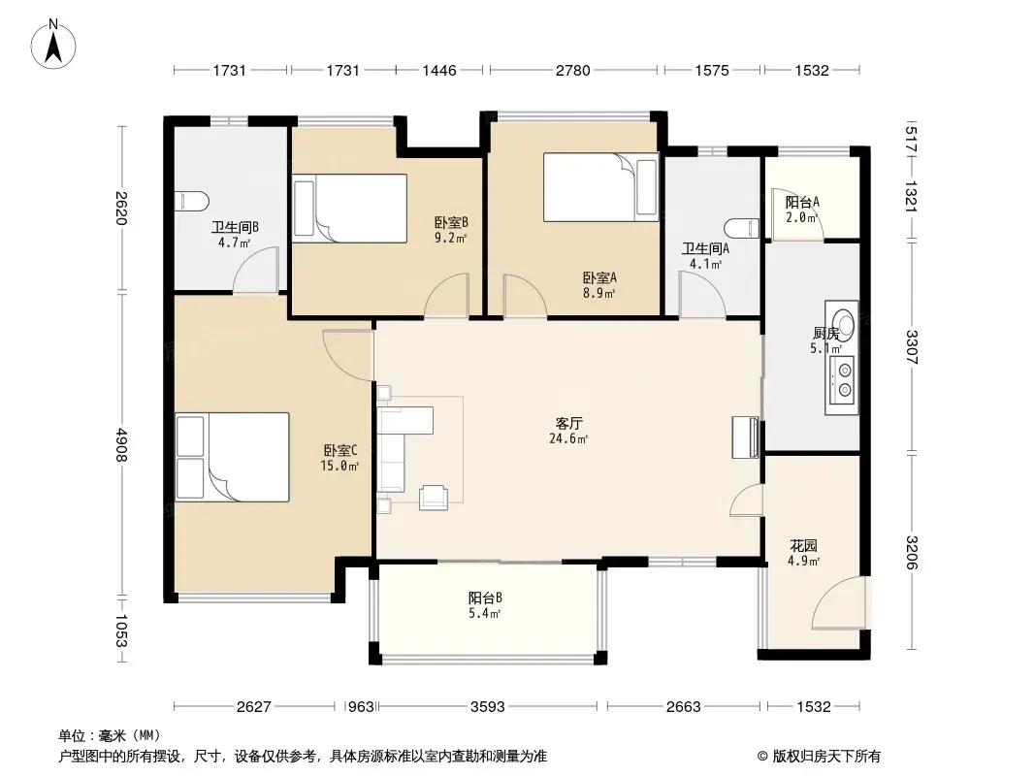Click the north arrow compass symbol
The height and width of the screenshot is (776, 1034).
pos(53,45)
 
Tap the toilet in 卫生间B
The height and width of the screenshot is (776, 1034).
pos(193,201)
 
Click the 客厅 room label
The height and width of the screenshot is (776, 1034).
pos(568,423)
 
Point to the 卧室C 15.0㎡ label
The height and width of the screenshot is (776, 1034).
pos(340,458)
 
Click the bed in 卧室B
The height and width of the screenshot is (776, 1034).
pos(349,209)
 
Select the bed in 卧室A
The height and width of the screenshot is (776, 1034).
pos(600,187)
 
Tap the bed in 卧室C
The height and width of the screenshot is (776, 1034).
pos(232,457)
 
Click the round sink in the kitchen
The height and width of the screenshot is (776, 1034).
pos(841,324)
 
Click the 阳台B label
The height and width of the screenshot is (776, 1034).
pos(485,598)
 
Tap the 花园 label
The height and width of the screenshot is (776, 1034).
pos(804,546)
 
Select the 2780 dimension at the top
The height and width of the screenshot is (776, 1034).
pos(572,70)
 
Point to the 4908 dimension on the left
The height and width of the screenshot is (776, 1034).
pos(120,444)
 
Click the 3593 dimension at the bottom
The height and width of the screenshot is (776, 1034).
pos(487,707)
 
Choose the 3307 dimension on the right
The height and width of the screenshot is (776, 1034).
pos(911,347)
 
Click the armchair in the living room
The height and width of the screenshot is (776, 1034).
pos(434,497)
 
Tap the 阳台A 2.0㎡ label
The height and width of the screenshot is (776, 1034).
pos(802,210)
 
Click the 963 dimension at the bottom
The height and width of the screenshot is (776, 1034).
pos(361,707)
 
